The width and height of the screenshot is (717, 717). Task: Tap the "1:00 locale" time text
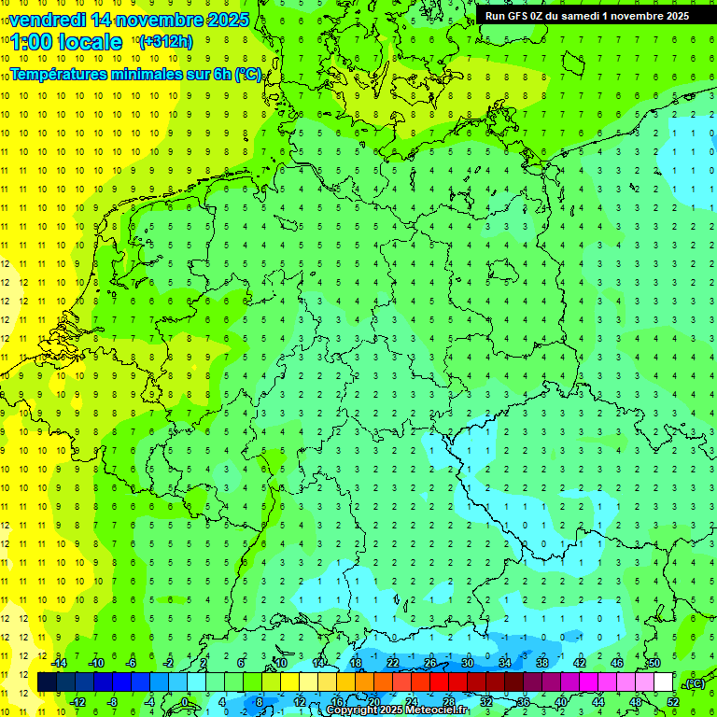(65, 42)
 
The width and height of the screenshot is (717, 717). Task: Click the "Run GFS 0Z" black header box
(585, 15)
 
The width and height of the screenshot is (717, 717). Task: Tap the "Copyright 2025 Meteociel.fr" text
(397, 710)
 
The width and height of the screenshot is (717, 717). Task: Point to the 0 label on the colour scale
(185, 702)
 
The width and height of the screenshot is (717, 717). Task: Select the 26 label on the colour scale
(430, 663)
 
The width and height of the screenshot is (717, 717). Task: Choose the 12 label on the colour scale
(300, 702)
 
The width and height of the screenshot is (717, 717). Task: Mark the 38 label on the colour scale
(541, 663)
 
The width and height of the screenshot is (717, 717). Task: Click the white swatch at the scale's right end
(664, 682)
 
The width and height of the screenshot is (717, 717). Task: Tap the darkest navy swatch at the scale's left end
(47, 682)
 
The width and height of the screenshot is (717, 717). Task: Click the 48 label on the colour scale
(635, 702)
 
